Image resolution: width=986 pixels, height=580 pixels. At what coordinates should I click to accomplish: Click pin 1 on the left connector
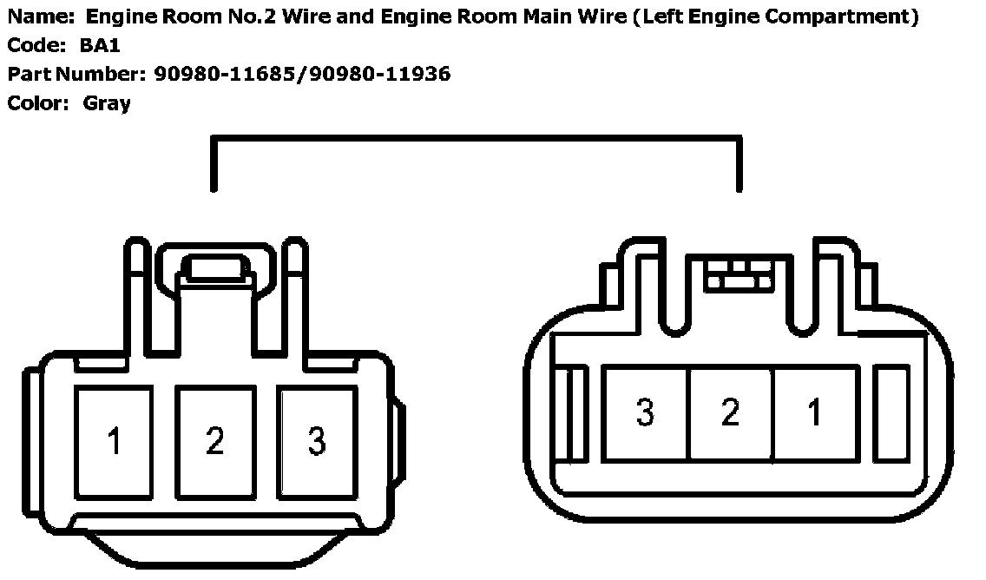(x=114, y=442)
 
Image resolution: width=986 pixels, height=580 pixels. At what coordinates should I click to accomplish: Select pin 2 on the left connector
(x=215, y=442)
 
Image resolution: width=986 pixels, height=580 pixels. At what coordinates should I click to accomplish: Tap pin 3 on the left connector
(x=317, y=442)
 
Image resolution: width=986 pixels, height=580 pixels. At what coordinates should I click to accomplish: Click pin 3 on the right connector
(x=645, y=412)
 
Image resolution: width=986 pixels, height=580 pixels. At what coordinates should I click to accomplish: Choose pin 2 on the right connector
(x=730, y=412)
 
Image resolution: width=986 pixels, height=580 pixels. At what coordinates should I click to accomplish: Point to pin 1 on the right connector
(x=814, y=412)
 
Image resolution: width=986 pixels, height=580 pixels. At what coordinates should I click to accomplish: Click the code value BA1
(x=100, y=45)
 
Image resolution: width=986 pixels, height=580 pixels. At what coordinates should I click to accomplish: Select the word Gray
(x=107, y=103)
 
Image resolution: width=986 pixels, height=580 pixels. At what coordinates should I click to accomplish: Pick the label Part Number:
(x=76, y=74)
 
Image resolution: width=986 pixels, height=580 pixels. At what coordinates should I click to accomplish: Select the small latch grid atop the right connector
(x=739, y=274)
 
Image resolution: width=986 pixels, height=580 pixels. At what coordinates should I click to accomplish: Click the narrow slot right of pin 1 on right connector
(x=891, y=412)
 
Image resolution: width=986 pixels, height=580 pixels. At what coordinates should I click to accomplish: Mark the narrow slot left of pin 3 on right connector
(x=574, y=413)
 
